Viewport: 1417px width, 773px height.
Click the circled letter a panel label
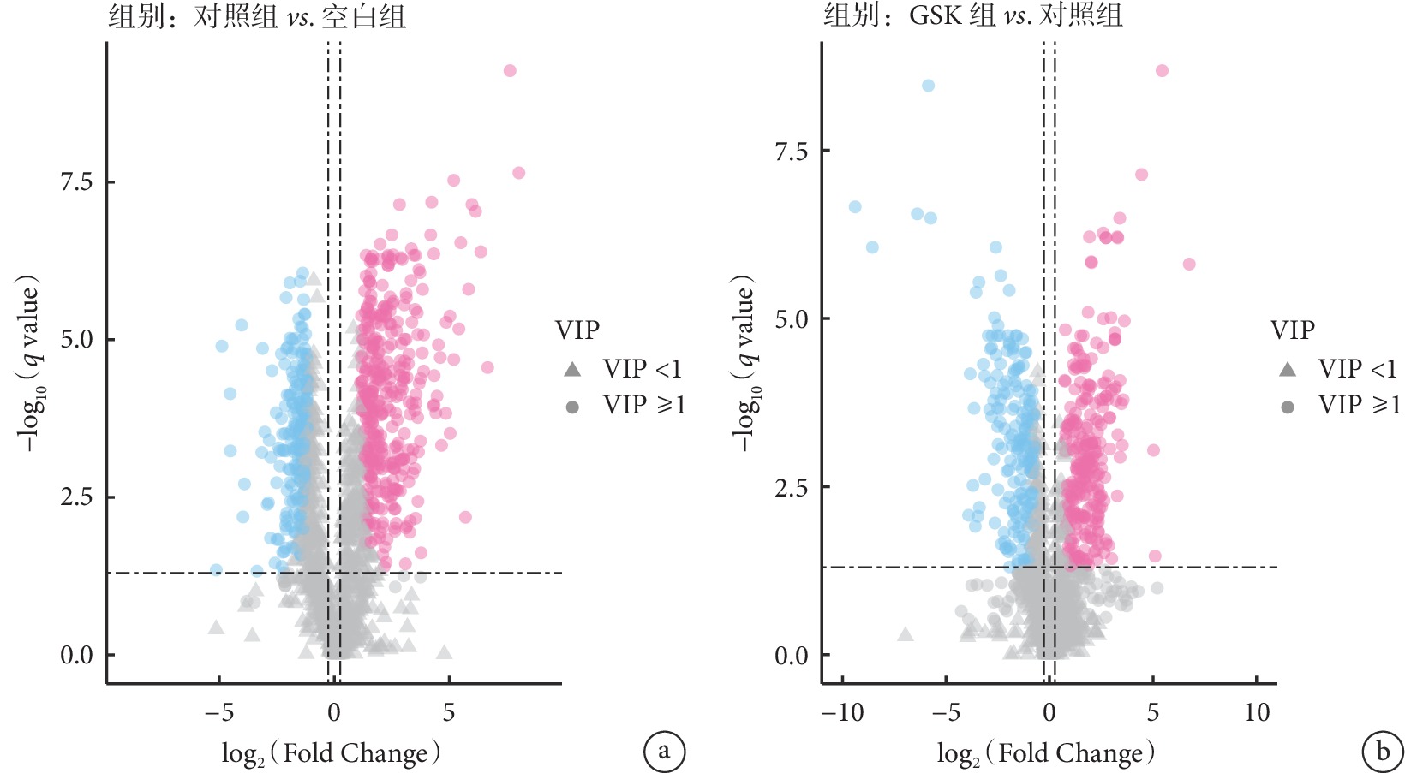tap(664, 752)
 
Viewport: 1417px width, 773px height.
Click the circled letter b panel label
tap(1382, 752)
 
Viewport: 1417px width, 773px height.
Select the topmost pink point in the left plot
tap(510, 70)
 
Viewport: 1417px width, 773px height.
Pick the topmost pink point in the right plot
tap(1162, 70)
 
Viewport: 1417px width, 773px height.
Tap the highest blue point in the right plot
tap(928, 86)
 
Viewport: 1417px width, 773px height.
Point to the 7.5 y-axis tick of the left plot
tap(76, 181)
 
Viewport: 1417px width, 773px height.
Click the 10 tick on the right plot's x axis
tap(1257, 712)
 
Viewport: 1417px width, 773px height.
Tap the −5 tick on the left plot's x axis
tap(219, 712)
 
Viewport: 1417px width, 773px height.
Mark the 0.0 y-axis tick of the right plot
tap(791, 656)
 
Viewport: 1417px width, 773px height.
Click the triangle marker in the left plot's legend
tap(572, 369)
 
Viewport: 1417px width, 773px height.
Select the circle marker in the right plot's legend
tap(1287, 407)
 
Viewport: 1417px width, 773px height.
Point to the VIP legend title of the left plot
tap(577, 330)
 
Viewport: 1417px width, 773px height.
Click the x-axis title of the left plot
tap(332, 753)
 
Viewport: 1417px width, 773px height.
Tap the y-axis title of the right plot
tap(744, 364)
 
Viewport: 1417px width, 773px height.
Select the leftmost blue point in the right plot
tap(854, 207)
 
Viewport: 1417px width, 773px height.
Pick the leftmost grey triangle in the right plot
tap(905, 634)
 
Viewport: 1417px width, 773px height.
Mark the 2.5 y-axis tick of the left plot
tap(76, 497)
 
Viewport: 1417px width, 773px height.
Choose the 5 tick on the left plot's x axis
tap(449, 712)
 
